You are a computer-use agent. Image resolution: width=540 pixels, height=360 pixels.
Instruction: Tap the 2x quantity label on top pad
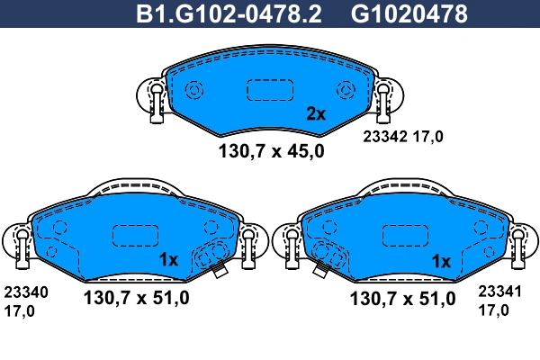click(x=315, y=113)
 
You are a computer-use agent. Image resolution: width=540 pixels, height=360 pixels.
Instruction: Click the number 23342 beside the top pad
click(x=384, y=138)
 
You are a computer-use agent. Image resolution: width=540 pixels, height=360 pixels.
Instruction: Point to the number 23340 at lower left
click(x=27, y=292)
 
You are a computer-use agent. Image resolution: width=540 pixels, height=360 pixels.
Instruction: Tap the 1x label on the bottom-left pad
click(x=170, y=260)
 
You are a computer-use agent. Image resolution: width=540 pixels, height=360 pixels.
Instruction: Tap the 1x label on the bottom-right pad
click(x=441, y=260)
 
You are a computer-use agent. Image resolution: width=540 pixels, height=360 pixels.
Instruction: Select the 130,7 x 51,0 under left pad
click(x=136, y=299)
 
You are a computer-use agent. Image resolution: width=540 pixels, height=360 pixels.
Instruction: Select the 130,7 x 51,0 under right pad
click(x=408, y=299)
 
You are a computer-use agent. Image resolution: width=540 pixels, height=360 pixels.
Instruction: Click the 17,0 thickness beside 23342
click(x=427, y=138)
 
